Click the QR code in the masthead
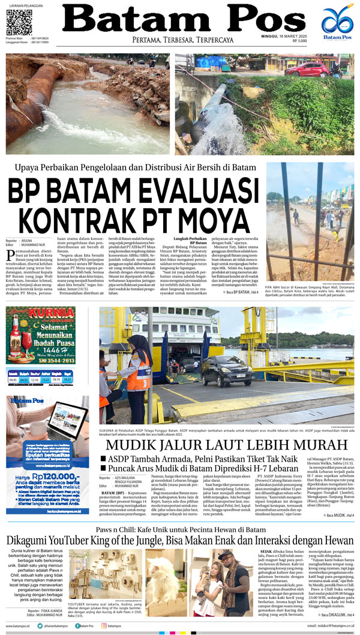coord(19,23)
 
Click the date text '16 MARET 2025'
coord(325,36)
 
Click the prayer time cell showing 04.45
coord(13,380)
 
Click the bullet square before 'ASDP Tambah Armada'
coord(103,459)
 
